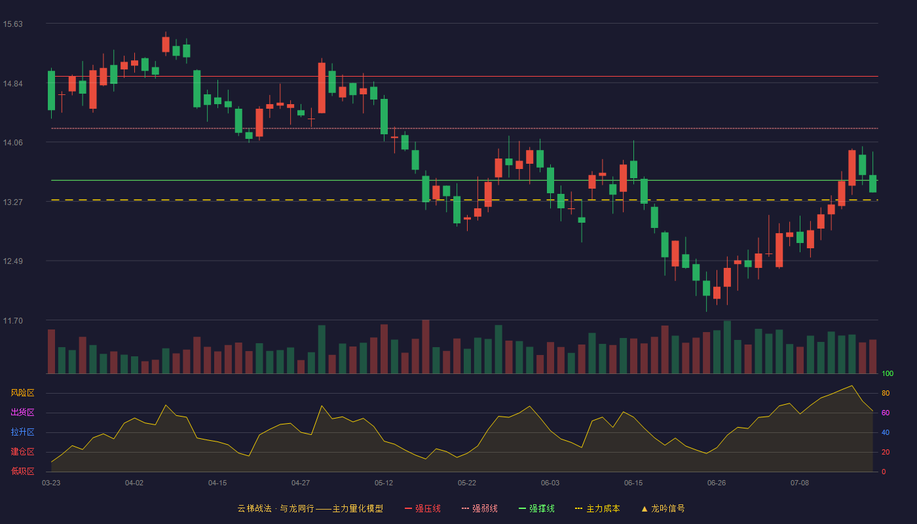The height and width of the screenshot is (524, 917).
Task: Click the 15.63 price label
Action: click(x=12, y=24)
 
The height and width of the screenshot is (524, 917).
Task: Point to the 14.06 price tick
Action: click(x=12, y=143)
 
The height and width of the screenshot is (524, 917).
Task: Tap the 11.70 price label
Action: click(x=12, y=320)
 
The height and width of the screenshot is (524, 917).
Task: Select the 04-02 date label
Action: click(x=134, y=483)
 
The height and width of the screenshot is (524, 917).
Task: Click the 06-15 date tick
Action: click(x=633, y=483)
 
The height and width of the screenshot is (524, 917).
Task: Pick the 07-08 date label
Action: click(x=800, y=483)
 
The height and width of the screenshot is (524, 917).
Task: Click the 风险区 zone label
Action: click(x=22, y=393)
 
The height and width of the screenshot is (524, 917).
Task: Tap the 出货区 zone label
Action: click(x=22, y=412)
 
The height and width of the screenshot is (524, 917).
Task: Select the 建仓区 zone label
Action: click(x=22, y=451)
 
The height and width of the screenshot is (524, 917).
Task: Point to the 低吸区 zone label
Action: click(x=22, y=471)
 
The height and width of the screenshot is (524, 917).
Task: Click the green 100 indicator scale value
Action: click(x=888, y=373)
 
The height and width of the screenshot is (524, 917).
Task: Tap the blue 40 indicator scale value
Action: click(x=886, y=432)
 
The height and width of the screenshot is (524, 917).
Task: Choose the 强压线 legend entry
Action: click(x=422, y=508)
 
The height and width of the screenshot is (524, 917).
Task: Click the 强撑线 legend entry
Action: click(x=536, y=508)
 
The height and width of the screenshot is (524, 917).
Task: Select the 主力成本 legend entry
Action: click(x=597, y=508)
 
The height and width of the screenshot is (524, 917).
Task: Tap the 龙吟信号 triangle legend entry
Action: click(x=663, y=508)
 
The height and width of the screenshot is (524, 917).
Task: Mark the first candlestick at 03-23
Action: click(x=51, y=90)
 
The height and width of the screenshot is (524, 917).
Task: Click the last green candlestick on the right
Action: click(x=872, y=183)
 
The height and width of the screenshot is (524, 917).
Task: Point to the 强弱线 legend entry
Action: click(x=479, y=508)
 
